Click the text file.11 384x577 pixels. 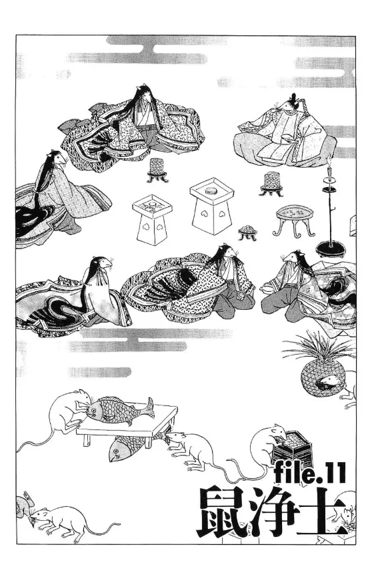311,473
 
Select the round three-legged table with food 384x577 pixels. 295,219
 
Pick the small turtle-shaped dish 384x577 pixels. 247,232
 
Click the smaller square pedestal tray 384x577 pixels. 151,219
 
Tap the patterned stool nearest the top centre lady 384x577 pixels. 157,170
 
